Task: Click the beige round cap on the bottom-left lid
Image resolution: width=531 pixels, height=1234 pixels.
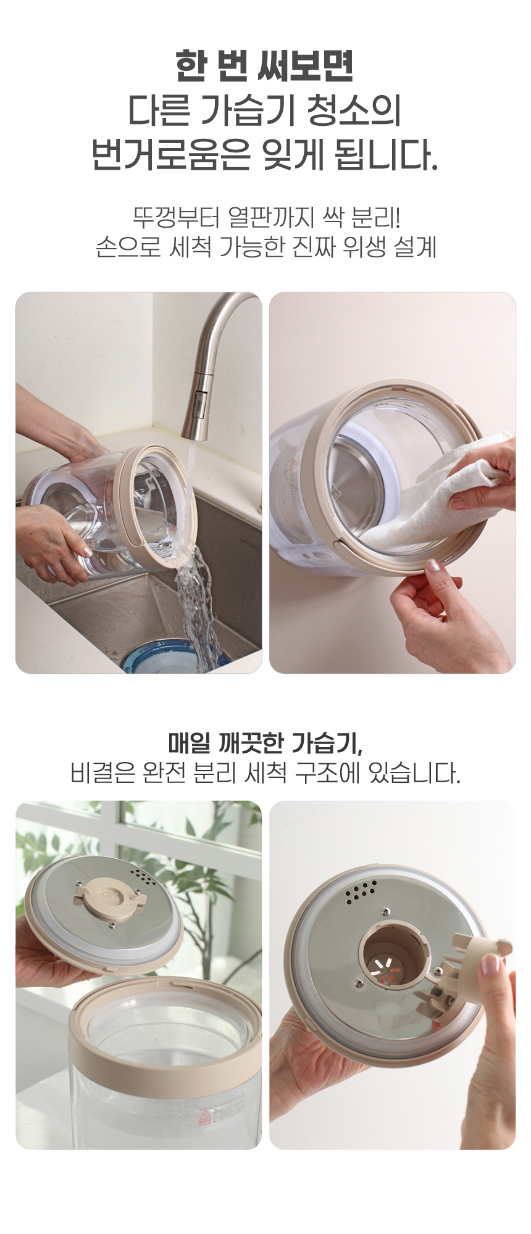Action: tap(109, 897)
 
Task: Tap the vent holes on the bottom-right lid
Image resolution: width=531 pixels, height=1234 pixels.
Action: tap(361, 891)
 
